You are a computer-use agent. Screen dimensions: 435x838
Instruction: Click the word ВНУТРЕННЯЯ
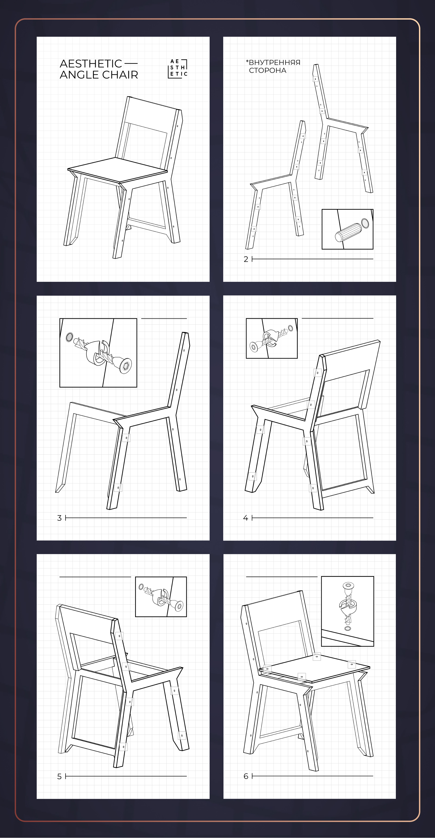coord(275,62)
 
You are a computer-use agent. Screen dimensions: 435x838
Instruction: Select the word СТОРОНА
coord(268,71)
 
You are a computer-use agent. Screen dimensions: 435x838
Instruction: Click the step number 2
coord(246,259)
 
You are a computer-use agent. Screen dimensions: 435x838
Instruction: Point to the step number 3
coord(59,518)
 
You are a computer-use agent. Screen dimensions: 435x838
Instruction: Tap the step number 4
coord(246,518)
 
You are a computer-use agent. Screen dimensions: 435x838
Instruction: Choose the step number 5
coord(59,777)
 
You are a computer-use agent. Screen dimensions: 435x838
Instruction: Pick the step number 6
coord(246,776)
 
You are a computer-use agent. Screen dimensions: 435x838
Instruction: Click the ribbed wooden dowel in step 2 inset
coord(348,232)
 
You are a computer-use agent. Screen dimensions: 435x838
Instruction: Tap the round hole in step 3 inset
coord(69,337)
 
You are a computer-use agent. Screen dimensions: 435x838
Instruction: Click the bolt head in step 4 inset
coord(254,346)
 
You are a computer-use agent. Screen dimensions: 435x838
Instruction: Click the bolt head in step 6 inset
coord(348,585)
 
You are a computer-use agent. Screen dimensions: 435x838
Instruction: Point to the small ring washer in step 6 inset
coord(348,628)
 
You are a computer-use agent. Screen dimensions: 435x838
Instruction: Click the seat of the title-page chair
coord(117,170)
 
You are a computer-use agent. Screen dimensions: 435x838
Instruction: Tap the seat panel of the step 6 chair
coord(315,668)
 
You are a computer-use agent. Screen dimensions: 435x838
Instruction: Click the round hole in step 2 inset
coord(365,223)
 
